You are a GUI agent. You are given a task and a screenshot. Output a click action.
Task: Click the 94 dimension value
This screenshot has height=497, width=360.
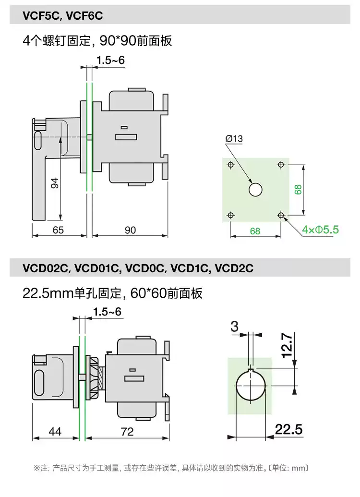tap(55, 183)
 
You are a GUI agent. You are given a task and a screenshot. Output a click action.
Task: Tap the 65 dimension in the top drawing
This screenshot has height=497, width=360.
tap(58, 230)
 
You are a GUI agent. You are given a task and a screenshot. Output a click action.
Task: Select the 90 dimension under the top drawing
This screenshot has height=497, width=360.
tap(130, 230)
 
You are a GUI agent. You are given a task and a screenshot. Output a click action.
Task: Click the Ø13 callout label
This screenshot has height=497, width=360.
tap(234, 138)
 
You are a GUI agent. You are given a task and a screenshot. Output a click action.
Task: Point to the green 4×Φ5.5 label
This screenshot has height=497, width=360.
tap(320, 230)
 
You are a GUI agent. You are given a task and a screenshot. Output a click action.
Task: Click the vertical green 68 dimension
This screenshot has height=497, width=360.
tap(298, 190)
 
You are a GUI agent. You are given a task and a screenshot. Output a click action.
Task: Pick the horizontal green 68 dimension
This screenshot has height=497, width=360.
tap(255, 231)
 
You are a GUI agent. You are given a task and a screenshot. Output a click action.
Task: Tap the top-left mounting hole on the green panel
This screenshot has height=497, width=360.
tap(231, 165)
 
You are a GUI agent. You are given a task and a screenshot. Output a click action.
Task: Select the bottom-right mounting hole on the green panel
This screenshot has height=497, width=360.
tap(281, 215)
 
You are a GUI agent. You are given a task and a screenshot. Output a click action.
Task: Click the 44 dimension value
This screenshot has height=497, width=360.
tap(55, 431)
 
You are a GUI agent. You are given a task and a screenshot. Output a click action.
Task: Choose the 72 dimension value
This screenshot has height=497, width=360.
tap(127, 431)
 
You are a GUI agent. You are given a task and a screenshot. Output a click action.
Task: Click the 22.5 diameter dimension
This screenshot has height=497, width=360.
tap(288, 429)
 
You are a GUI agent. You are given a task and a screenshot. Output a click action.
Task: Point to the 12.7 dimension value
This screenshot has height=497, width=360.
tap(287, 345)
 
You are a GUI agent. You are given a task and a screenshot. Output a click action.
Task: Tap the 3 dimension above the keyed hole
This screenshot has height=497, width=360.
tap(235, 327)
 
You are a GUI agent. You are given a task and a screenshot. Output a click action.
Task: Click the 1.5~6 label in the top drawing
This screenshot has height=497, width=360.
tap(110, 60)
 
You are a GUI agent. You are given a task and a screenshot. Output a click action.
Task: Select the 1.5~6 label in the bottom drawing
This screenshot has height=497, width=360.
tap(108, 312)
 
